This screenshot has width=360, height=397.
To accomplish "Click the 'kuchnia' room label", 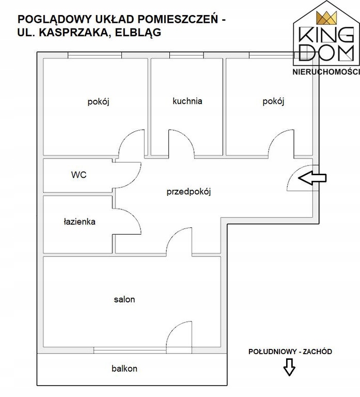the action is tap(187, 101).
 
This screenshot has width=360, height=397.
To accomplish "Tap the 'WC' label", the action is tap(79, 175).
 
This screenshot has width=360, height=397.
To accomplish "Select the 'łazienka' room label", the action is tap(80, 222).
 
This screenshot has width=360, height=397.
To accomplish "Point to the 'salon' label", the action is tap(124, 299).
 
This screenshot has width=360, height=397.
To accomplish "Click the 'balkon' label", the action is tap(124, 369).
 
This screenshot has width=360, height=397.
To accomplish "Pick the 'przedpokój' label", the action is tap(189, 192).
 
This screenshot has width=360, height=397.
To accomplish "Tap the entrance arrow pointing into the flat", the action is tap(312, 178).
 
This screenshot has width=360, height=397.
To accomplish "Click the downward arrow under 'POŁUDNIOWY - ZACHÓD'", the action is tap(289, 367).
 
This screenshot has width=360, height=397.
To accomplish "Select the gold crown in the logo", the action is tap(326, 18).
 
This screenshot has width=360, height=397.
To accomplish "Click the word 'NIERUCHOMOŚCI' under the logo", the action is tap(326, 72).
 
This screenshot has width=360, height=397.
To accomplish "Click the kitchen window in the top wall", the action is tap(186, 55).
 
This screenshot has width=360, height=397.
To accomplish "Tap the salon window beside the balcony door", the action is tap(130, 350).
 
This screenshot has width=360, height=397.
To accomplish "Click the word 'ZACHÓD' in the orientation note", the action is tap(318, 352).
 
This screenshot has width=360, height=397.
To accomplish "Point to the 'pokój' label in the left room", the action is tap(98, 102).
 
